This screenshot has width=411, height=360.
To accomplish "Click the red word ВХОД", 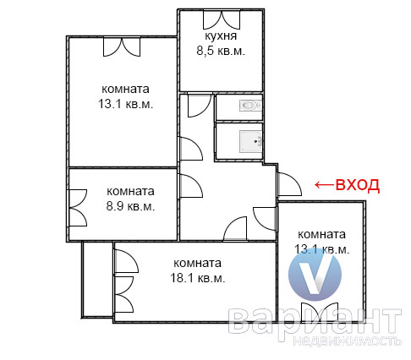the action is point(358,185).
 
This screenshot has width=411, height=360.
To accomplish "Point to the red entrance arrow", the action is point(324,185).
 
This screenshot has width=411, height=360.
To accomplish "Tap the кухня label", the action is point(221,35).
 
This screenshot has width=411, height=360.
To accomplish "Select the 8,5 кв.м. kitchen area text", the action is point(221,51).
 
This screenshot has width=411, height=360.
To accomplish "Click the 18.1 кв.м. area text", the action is point(198,278).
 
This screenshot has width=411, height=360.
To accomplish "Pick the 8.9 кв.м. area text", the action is point(130,206).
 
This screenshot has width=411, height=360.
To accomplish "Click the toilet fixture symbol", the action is point(250,106).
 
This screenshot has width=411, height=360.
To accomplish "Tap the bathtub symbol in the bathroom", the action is point(250,141).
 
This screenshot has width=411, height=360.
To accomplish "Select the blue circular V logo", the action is point(315,274).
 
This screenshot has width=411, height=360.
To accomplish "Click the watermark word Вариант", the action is point(315,321).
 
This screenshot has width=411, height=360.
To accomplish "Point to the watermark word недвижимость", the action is point(347,341).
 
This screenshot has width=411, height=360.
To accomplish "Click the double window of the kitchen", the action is point(222,19).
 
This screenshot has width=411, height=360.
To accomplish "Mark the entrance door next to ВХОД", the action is point(289,184).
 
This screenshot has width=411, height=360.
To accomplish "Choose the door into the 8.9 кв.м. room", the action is point(190,186).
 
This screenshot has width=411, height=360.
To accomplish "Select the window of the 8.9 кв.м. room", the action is point(78,208).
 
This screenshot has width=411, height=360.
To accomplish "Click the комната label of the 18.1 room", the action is point(198,263).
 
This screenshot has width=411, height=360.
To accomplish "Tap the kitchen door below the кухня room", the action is point(200,105).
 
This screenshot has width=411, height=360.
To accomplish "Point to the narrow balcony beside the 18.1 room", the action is point(97,279).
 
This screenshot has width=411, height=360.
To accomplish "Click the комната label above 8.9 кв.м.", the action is point(130,192).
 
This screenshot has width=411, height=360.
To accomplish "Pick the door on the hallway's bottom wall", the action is point(235,228).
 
